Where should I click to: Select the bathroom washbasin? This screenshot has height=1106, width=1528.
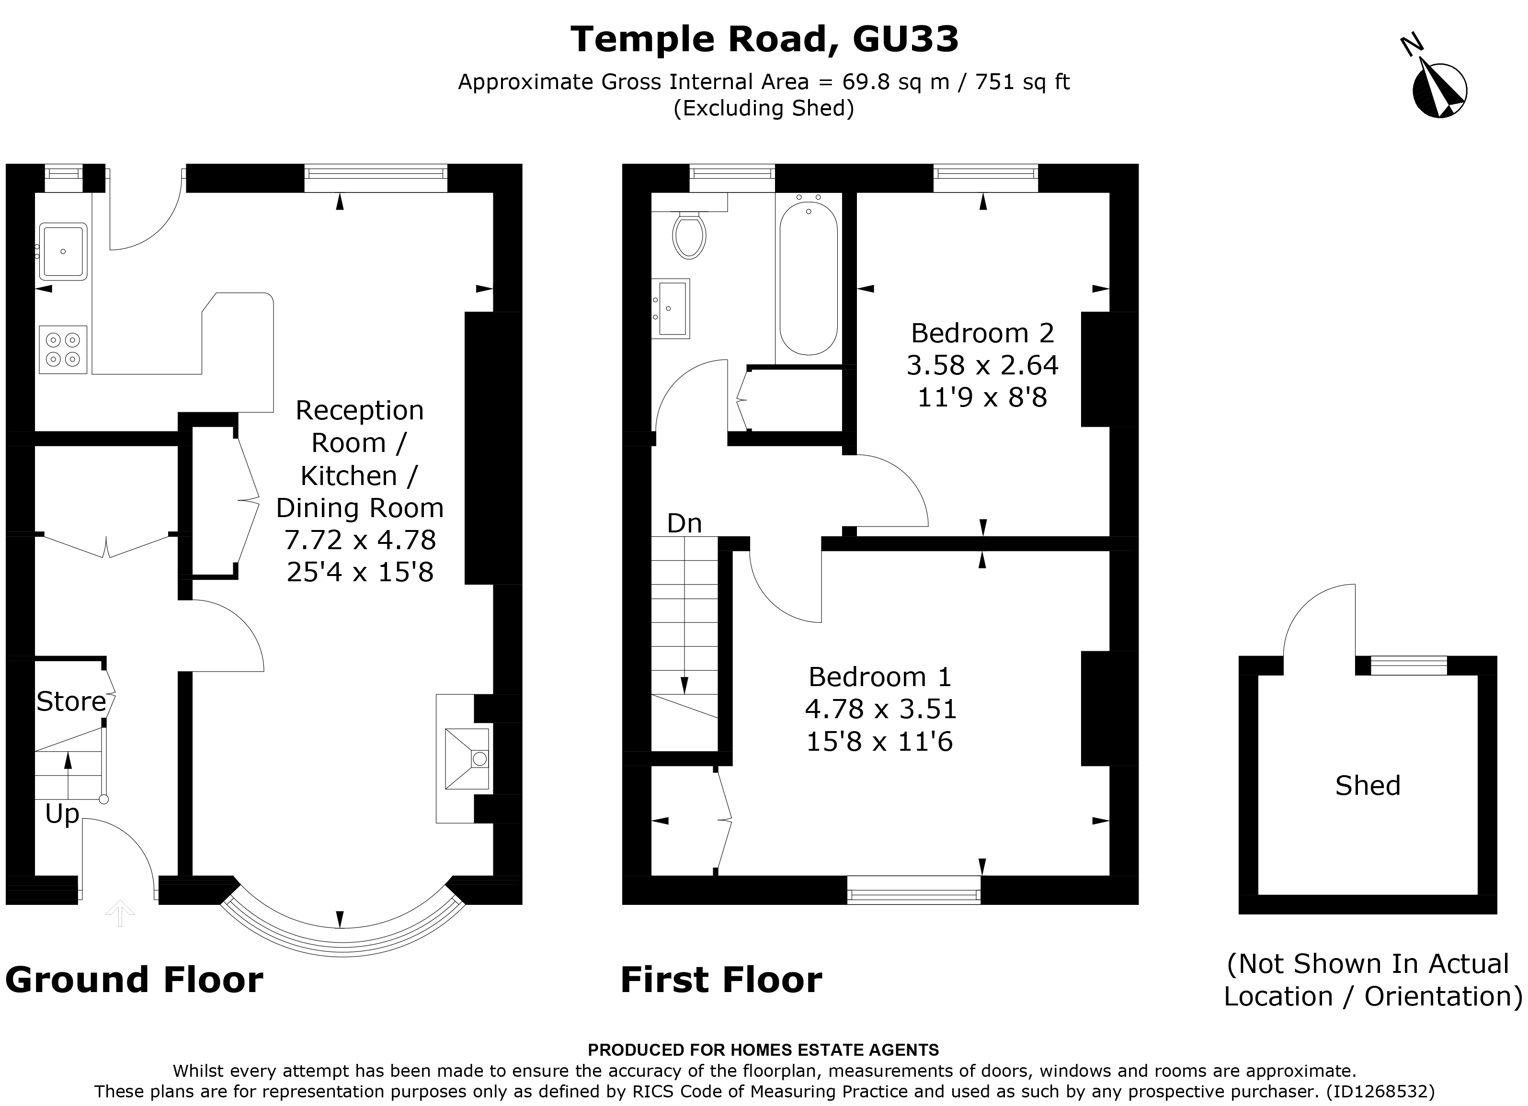[x=671, y=308]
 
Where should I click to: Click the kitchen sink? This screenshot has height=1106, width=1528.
[x=63, y=251]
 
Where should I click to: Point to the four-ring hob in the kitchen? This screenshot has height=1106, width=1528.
[x=63, y=350]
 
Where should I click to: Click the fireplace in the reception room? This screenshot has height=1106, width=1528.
[x=466, y=758]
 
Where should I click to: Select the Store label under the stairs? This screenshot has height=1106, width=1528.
[x=71, y=702]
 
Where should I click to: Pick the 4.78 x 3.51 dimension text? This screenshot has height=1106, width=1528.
[x=880, y=709]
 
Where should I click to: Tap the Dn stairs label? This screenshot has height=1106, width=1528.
[x=684, y=523]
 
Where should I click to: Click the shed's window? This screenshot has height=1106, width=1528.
[x=1409, y=666]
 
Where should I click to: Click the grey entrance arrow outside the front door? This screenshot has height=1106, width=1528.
[x=120, y=914]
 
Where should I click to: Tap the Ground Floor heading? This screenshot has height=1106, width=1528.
[x=134, y=980]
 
